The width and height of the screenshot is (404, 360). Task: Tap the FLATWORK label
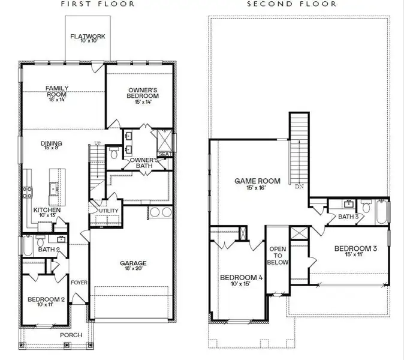pos(88,37)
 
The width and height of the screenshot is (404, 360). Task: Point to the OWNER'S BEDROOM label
pos(143,93)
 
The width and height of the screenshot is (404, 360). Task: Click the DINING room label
pos(52,143)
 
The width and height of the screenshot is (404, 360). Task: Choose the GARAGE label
pos(133,263)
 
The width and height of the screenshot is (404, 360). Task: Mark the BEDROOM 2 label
pos(46,299)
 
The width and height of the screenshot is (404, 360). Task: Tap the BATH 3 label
pos(348,217)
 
